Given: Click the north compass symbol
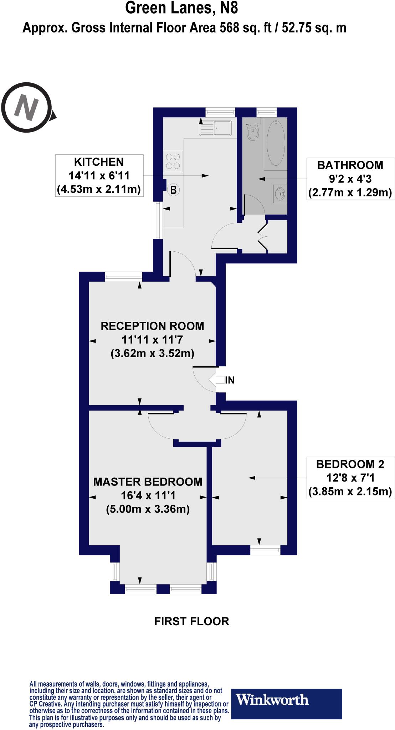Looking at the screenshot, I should tap(27, 107).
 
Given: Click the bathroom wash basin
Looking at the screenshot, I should tap(280, 194).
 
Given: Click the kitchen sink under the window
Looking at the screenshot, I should tap(216, 128).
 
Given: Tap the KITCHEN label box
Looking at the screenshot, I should tap(99, 175).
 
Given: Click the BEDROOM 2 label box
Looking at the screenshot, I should tap(350, 478).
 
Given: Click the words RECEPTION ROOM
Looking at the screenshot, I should tap(152, 326).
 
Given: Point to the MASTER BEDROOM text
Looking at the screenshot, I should tap(148, 482).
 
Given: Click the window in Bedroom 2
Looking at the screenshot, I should tap(265, 551).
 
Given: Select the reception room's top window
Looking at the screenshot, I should tap(123, 277).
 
